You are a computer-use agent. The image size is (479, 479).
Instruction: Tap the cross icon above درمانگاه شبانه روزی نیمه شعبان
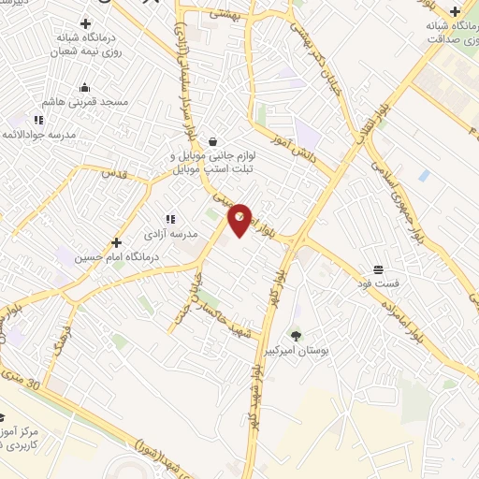[86, 24]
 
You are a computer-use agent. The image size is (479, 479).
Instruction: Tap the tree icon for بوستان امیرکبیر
[296, 335]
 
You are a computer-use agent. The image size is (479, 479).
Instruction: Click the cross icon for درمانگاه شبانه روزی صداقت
[455, 12]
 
